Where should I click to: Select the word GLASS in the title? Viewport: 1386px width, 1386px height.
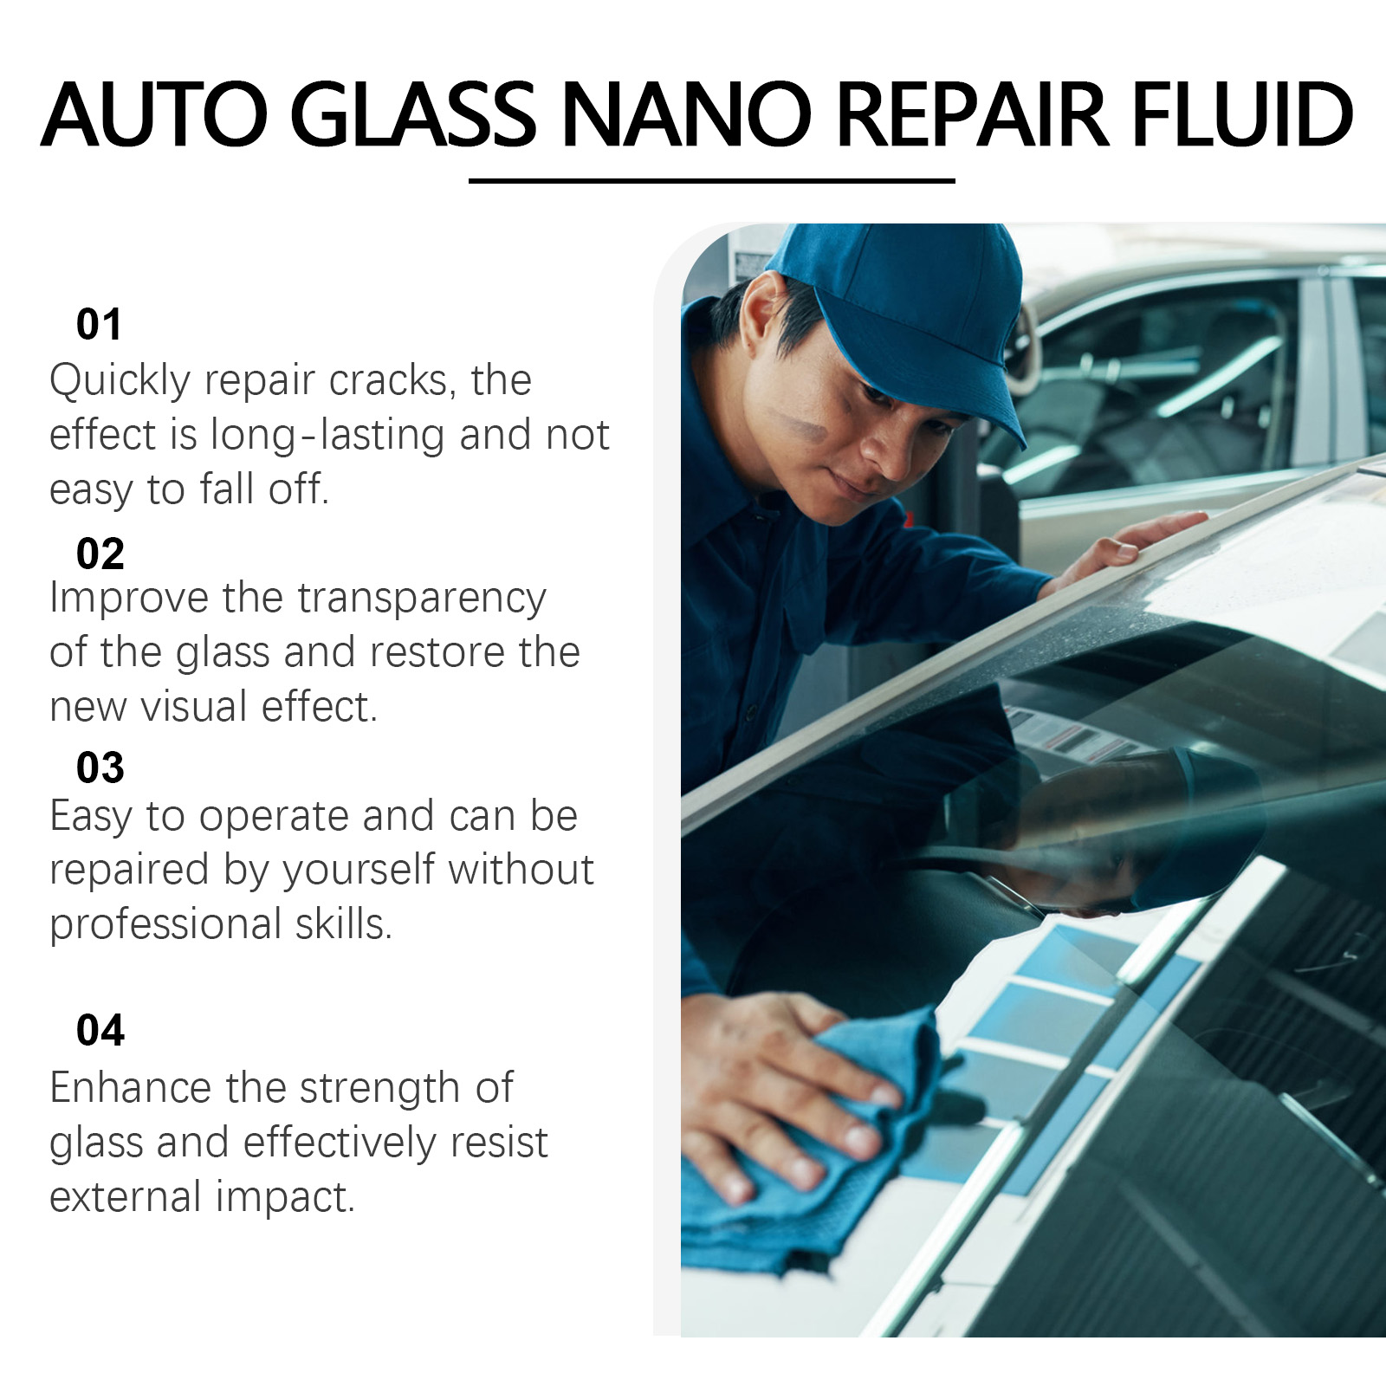[x=413, y=114]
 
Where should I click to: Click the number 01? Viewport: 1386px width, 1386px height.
[x=99, y=324]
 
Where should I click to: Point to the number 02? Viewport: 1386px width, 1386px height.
[x=100, y=554]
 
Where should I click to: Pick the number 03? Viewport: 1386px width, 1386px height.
[x=100, y=767]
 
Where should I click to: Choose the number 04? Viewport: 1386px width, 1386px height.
[x=100, y=1030]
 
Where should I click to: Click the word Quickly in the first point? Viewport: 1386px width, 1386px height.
[x=120, y=381]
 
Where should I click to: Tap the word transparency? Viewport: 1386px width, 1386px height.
[x=422, y=599]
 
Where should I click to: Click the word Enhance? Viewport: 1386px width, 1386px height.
[x=131, y=1088]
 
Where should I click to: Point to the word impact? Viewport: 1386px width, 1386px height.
[x=285, y=1197]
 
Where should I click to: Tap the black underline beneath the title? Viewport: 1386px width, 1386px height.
[x=712, y=181]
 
